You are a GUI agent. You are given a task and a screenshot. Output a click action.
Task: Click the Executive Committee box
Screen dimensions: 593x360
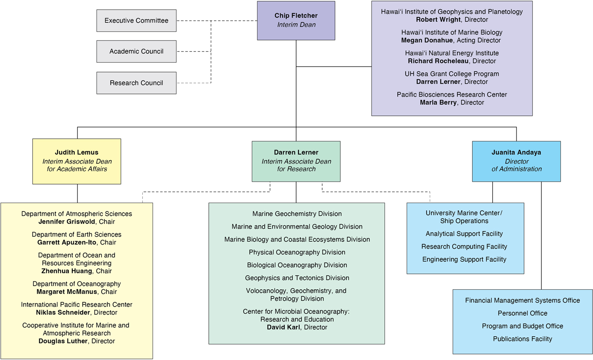(136, 21)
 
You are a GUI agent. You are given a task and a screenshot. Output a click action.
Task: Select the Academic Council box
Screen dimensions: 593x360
(136, 51)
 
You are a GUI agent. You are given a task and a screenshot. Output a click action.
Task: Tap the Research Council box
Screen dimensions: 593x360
(136, 83)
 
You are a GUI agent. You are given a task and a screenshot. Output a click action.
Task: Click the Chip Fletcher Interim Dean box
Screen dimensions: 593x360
(296, 21)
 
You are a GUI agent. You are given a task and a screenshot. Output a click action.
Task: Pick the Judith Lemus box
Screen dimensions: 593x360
(77, 162)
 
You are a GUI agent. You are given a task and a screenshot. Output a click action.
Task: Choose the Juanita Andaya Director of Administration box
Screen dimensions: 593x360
(516, 162)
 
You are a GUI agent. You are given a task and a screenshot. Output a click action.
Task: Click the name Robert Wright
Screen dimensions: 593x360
(438, 20)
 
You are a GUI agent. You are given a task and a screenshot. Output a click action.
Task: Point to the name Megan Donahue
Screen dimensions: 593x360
(427, 40)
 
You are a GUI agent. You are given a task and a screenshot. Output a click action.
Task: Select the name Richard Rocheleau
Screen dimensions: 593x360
(438, 61)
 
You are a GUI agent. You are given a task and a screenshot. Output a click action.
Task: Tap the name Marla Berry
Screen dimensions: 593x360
(438, 102)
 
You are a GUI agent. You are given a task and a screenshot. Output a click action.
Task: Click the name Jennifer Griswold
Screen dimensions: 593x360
(67, 222)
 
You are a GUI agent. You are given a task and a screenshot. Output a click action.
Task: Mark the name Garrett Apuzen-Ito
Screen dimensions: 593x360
(67, 242)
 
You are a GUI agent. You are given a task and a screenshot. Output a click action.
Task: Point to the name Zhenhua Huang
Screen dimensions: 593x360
(67, 271)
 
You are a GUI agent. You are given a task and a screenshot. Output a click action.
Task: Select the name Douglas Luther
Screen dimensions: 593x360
(63, 341)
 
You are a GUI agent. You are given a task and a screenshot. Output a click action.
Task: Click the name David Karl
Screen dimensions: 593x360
(283, 327)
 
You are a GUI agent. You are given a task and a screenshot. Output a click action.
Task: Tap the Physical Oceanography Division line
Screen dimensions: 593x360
(297, 252)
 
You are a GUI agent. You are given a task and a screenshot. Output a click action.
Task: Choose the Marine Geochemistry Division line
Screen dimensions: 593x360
(297, 214)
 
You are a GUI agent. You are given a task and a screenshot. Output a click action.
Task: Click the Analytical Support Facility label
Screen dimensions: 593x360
(464, 234)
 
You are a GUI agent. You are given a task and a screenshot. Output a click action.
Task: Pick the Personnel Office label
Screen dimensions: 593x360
(523, 313)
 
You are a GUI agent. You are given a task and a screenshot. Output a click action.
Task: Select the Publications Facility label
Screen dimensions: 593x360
(523, 339)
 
